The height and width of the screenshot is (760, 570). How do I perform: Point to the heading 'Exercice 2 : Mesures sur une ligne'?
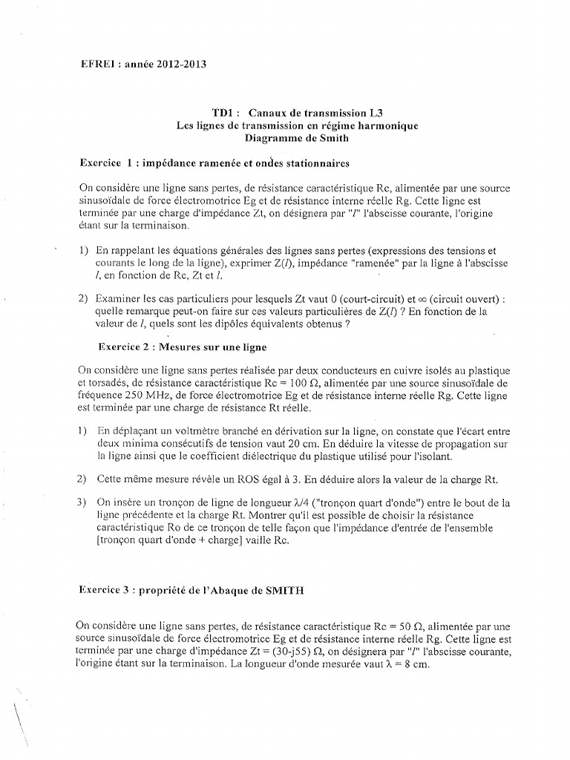[183, 347]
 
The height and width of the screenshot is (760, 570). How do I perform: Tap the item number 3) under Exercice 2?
[82, 502]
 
